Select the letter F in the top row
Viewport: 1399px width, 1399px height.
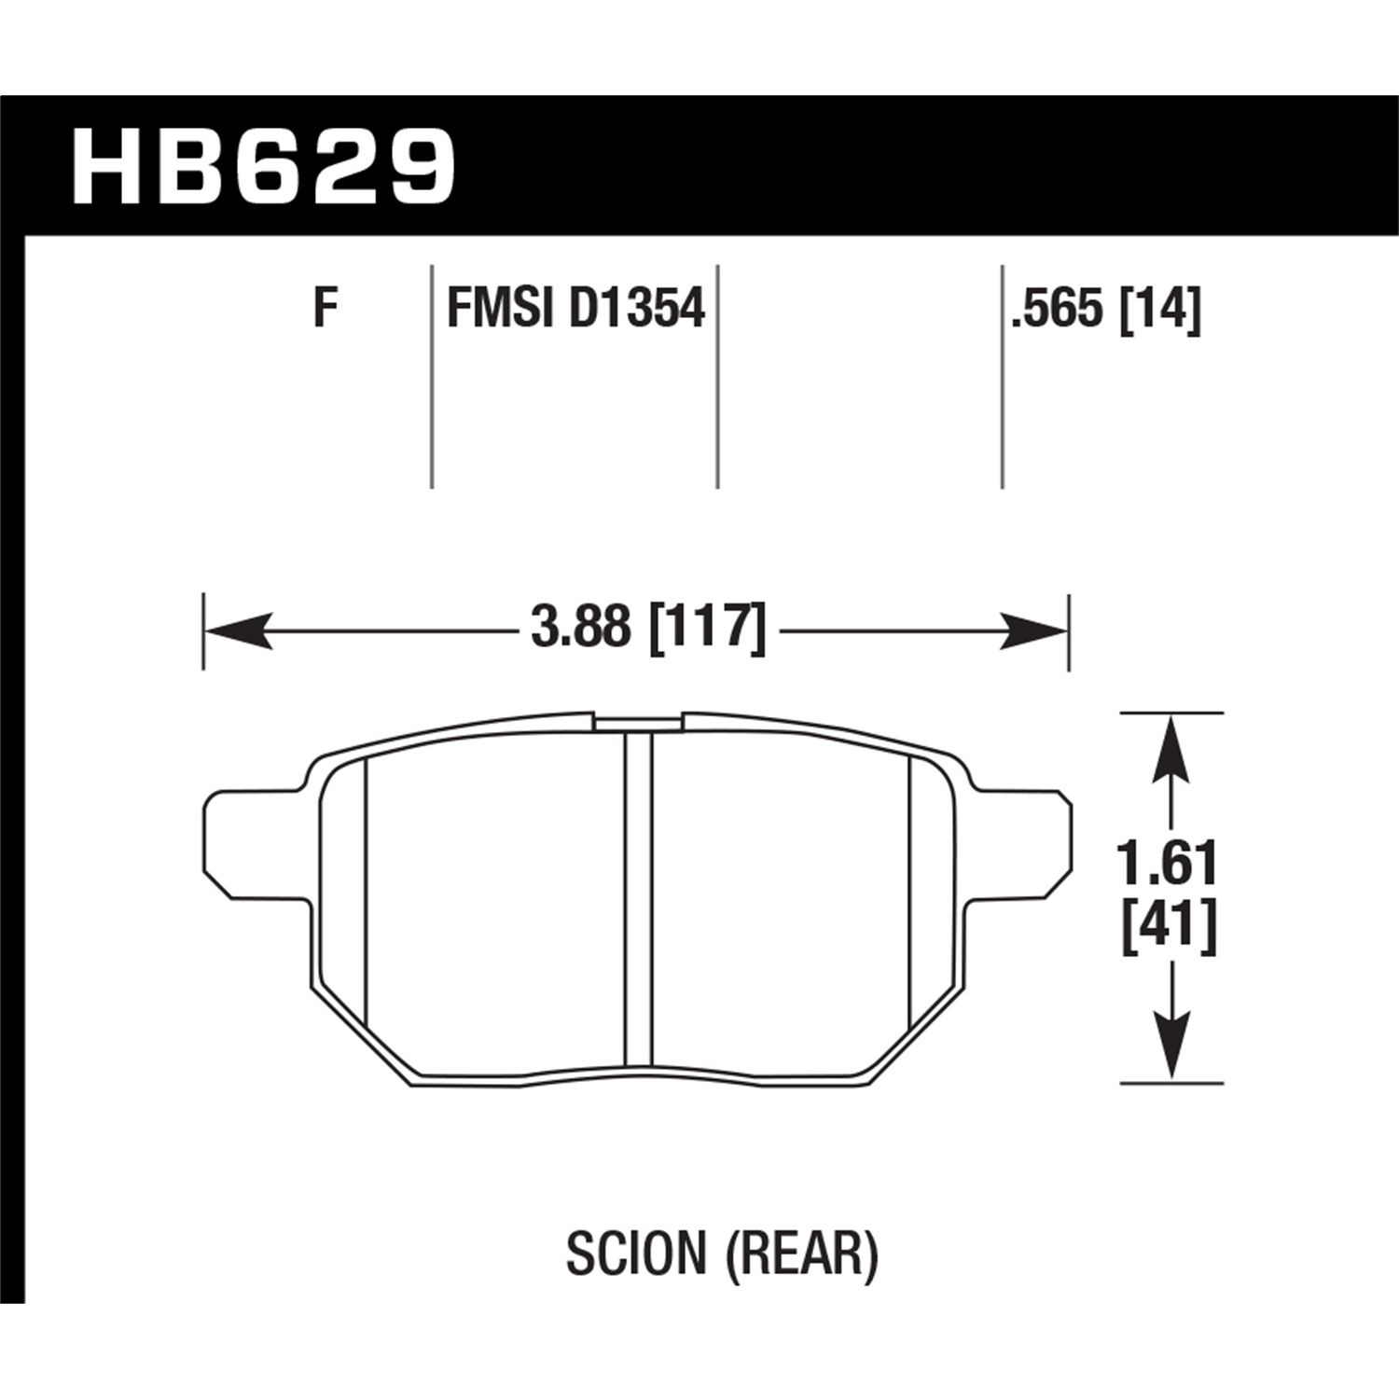point(325,307)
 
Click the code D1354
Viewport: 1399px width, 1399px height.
point(636,307)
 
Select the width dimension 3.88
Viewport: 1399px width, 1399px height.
point(580,628)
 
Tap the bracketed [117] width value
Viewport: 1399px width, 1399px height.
point(706,628)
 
